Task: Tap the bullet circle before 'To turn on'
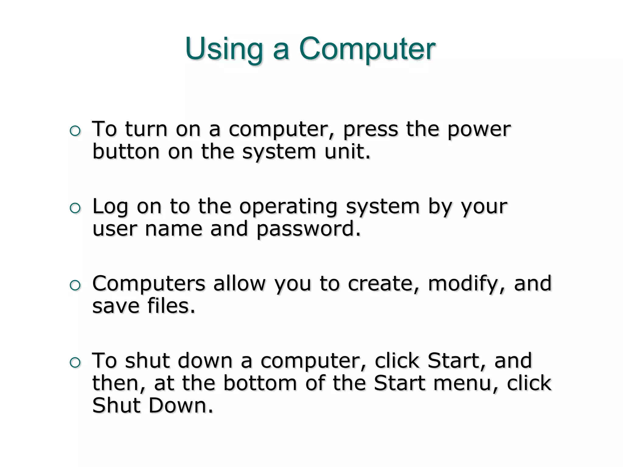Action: click(75, 131)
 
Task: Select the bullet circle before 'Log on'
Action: click(75, 209)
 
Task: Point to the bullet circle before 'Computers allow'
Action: click(75, 285)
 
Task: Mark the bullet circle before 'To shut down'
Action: click(75, 363)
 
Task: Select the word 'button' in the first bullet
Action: click(126, 151)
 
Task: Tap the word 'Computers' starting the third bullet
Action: click(149, 284)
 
